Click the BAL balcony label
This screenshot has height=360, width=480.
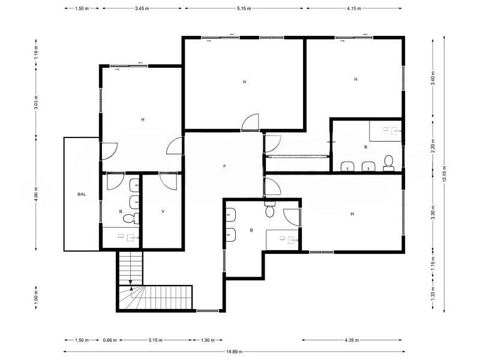pyautogui.click(x=82, y=194)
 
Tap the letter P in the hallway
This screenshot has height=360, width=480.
pyautogui.click(x=224, y=166)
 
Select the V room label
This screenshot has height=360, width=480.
pyautogui.click(x=163, y=211)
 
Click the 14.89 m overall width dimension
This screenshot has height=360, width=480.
pyautogui.click(x=234, y=352)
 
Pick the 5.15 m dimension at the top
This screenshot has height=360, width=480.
pyautogui.click(x=244, y=8)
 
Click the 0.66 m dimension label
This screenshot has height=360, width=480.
pyautogui.click(x=110, y=340)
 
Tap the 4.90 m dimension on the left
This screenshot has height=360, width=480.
pyautogui.click(x=36, y=194)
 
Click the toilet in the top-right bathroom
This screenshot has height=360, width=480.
pyautogui.click(x=388, y=163)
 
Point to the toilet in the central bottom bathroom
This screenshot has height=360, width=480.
pyautogui.click(x=269, y=208)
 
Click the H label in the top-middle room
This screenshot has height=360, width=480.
pyautogui.click(x=244, y=82)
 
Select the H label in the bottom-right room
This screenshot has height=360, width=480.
pyautogui.click(x=352, y=214)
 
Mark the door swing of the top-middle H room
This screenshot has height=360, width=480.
pyautogui.click(x=250, y=122)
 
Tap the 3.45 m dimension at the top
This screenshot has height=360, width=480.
pyautogui.click(x=142, y=8)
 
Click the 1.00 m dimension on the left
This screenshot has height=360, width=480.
pyautogui.click(x=36, y=298)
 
